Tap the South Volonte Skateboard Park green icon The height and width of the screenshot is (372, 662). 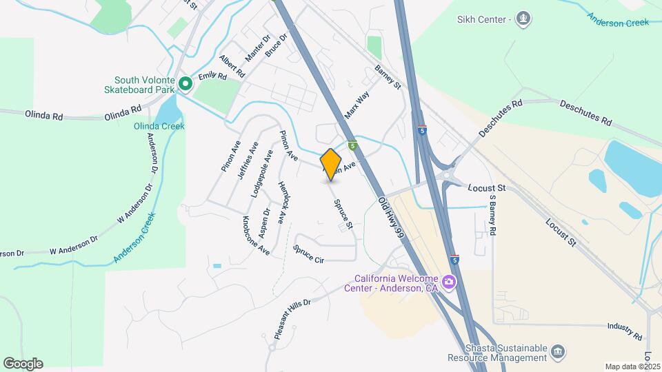click(185, 84)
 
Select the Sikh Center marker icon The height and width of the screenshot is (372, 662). click(523, 19)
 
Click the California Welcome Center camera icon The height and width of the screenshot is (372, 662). click(449, 281)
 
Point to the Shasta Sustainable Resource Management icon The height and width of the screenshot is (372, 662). click(559, 353)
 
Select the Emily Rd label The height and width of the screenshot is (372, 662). click(212, 76)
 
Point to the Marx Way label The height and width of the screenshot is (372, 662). click(358, 104)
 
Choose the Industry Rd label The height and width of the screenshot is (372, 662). click(625, 331)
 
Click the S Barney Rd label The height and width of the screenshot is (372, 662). click(492, 215)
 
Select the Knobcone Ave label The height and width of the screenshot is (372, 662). click(255, 236)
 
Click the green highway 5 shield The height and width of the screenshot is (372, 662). click(352, 146)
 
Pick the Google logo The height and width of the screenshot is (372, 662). click(23, 364)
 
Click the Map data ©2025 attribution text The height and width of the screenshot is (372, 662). click(632, 366)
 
